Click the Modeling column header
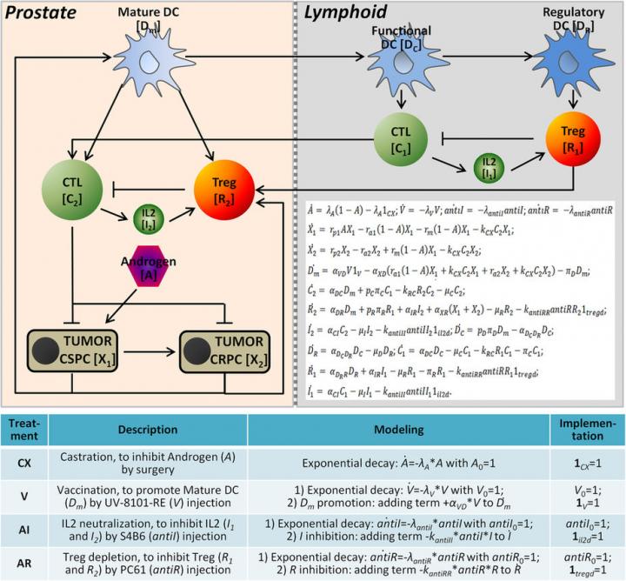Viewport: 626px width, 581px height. point(398,429)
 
